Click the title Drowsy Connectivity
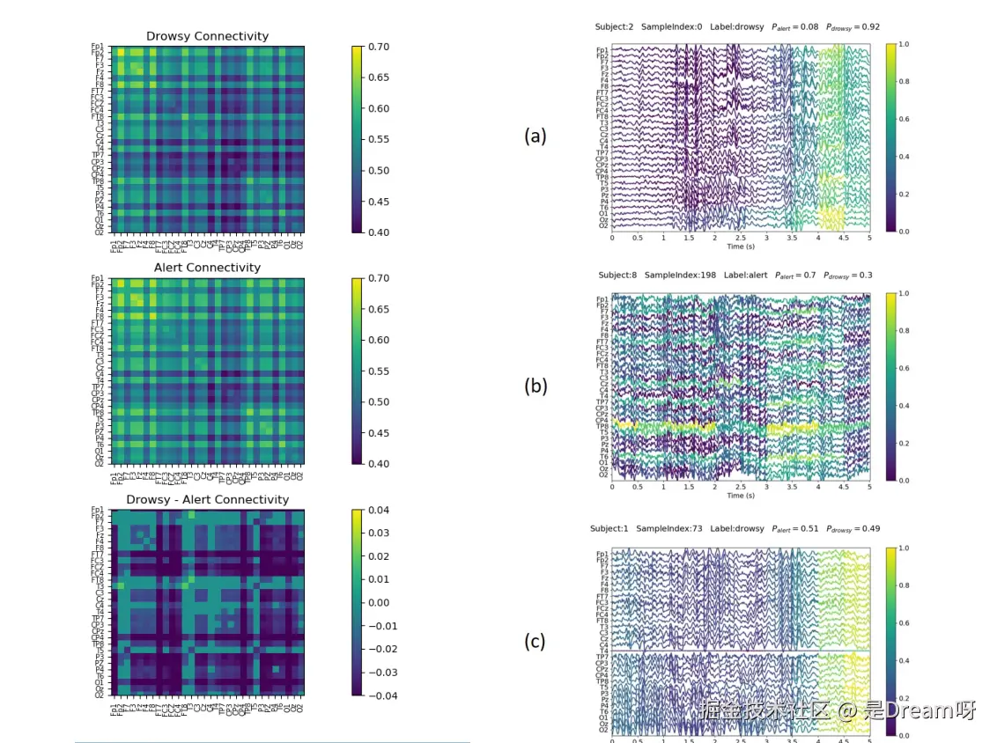pos(207,36)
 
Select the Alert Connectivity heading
pos(207,268)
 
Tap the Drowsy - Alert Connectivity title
pos(207,499)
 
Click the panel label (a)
pos(535,136)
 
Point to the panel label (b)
pos(535,386)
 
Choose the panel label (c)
pos(535,641)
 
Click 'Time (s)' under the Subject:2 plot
pos(740,247)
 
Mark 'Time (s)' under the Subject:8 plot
pos(740,496)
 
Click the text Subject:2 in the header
pos(615,26)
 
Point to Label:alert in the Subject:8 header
pos(748,275)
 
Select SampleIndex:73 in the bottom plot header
pos(674,528)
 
